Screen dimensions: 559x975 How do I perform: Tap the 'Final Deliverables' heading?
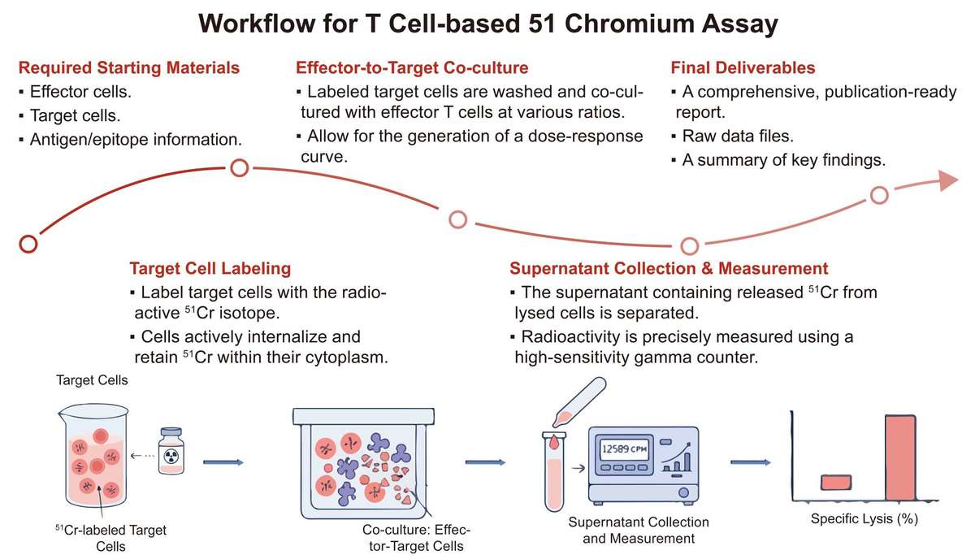pos(743,67)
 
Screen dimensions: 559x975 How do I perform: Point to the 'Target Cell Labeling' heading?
pos(210,268)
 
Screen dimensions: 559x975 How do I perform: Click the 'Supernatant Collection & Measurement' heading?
pos(669,268)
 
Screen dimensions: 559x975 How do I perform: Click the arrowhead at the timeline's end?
pos(947,180)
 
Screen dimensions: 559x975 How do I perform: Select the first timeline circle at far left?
pos(28,243)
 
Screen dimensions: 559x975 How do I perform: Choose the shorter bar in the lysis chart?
pos(836,483)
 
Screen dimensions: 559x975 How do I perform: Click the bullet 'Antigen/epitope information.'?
pos(134,140)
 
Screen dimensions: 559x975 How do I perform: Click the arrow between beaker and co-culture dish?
pos(222,462)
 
